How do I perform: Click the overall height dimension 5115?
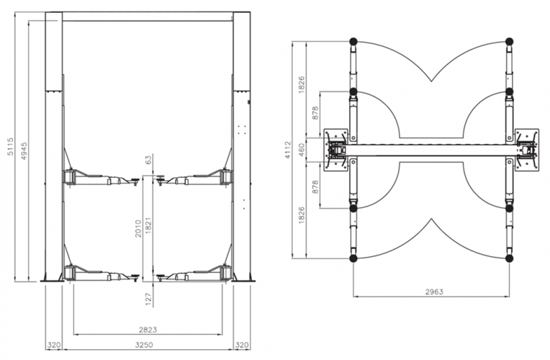coord(11,147)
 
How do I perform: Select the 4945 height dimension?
coord(24,151)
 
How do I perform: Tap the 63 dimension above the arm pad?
coord(148,160)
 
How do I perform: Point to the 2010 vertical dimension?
coord(138,228)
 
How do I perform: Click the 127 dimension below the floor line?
coord(148,300)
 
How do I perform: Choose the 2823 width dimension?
coord(148,330)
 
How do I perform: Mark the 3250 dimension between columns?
coord(144,345)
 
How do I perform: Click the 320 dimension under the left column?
coord(54,345)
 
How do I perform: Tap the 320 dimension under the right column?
coord(242,345)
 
